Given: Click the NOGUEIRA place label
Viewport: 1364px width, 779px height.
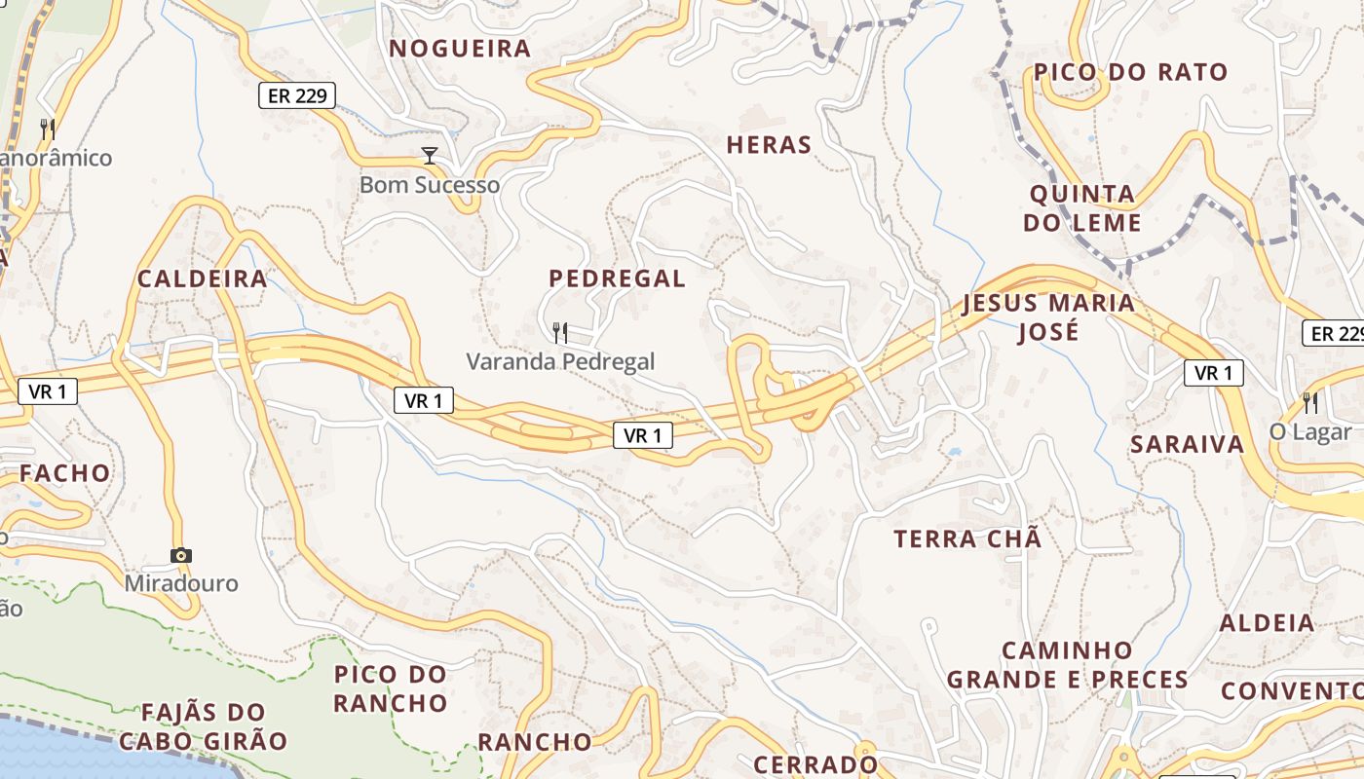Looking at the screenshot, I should coord(460,49).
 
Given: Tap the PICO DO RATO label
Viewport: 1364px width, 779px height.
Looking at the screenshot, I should coord(1130,72).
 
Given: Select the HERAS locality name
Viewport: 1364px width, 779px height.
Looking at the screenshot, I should coord(769,145).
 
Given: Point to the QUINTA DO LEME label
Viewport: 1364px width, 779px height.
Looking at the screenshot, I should coord(1082,208).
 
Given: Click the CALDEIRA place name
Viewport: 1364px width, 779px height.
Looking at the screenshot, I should coord(202,278).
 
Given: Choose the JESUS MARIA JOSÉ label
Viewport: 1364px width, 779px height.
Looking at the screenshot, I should coord(1048,316).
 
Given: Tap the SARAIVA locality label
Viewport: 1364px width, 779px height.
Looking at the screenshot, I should coord(1187,445).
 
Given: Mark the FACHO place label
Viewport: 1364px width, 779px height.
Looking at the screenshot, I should coord(65,473).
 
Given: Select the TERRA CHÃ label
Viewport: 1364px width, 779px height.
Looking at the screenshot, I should coord(967,538).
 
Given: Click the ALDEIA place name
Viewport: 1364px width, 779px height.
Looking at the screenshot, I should coord(1267,623).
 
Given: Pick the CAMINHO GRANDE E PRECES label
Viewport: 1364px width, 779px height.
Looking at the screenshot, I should coord(1067,664).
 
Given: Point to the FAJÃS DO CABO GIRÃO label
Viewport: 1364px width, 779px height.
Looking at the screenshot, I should coord(203,726).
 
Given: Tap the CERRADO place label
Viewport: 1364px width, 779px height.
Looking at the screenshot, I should coord(815,763).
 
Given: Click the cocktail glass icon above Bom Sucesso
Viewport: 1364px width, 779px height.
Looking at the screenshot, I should coord(429,156).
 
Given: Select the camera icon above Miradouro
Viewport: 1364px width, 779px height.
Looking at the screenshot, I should coord(181,555).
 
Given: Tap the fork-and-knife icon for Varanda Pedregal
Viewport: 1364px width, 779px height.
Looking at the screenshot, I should coord(560,333).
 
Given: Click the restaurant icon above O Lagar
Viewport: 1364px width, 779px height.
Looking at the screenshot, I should coord(1310,401).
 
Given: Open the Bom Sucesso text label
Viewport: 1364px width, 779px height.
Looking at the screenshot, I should coord(430,185).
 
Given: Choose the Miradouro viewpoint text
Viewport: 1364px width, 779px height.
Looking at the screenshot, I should coord(181,583).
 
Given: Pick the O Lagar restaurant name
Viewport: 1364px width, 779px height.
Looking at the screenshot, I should coord(1310,431).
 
